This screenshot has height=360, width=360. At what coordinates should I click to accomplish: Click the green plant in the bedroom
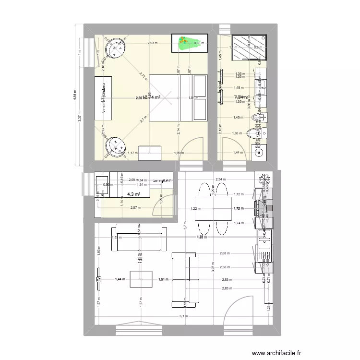tap(185, 43)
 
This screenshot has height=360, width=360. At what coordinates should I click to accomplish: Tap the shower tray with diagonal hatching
tap(249, 48)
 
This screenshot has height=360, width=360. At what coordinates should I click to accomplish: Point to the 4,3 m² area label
tap(134, 194)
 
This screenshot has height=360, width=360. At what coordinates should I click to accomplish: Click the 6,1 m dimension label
tap(184, 316)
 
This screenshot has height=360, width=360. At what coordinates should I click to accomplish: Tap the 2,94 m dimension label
tap(220, 179)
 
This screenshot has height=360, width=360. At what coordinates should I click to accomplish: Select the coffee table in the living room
tap(141, 279)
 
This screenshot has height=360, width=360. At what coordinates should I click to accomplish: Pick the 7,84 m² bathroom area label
tap(241, 97)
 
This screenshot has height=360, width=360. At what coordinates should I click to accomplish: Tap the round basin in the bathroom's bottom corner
tap(258, 153)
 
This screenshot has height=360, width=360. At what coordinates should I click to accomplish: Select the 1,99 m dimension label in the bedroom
tap(179, 153)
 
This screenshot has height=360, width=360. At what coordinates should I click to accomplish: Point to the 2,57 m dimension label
tap(135, 207)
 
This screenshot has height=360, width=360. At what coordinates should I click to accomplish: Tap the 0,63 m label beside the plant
tap(198, 43)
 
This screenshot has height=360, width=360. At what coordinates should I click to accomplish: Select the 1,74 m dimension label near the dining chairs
tap(239, 223)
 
